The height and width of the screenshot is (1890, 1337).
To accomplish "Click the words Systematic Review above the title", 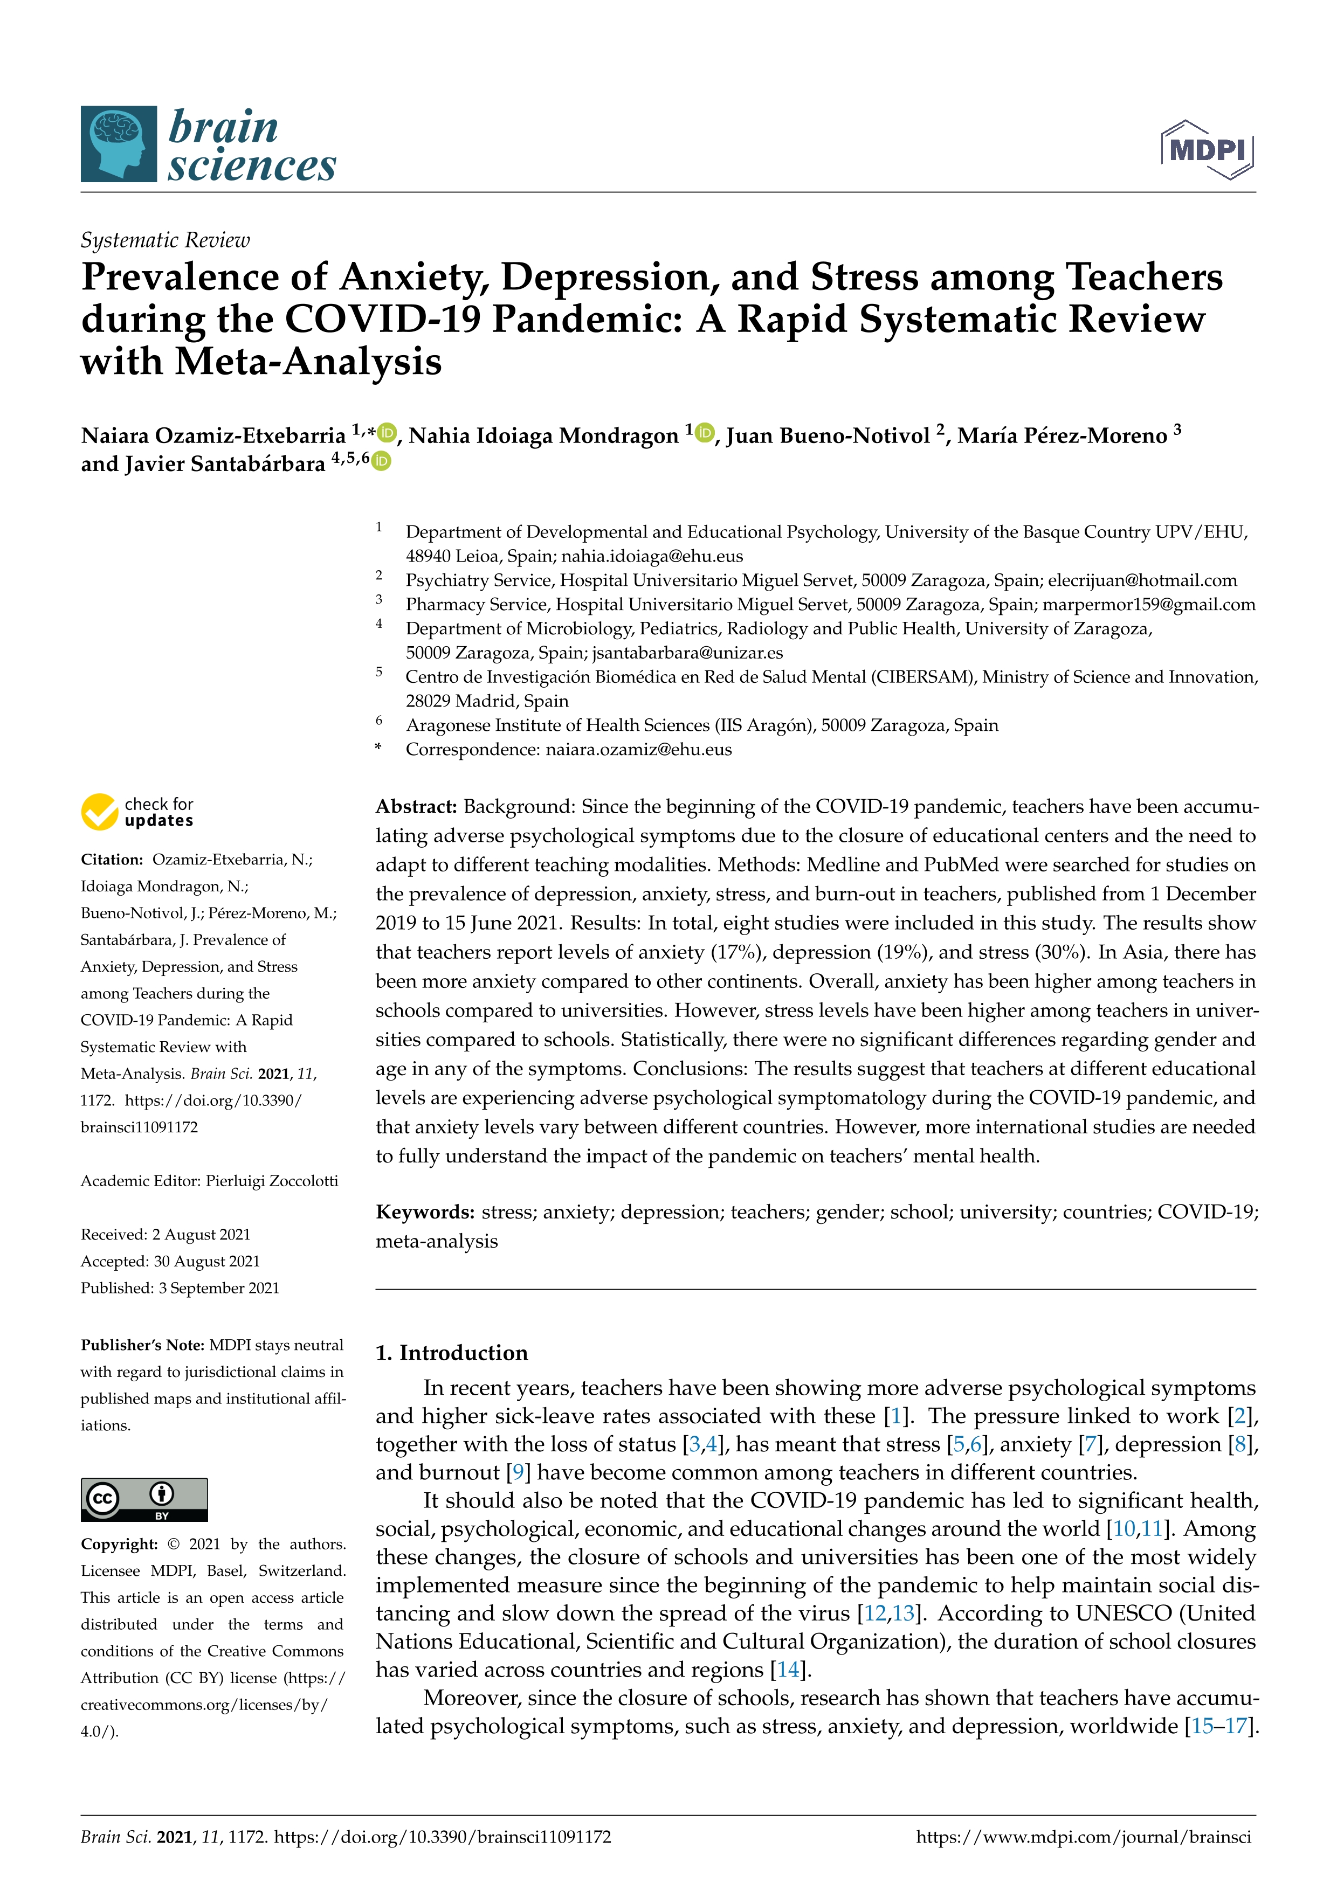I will click(x=164, y=240).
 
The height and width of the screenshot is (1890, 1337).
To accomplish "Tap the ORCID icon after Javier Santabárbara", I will click(x=381, y=462).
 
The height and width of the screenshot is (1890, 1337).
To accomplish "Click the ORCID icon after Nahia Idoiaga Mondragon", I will click(x=704, y=432).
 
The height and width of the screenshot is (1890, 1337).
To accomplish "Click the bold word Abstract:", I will click(x=416, y=807).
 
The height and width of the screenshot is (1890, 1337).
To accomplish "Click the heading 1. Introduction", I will click(x=451, y=1353).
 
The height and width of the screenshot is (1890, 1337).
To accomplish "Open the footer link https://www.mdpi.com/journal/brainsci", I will click(x=1084, y=1837).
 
